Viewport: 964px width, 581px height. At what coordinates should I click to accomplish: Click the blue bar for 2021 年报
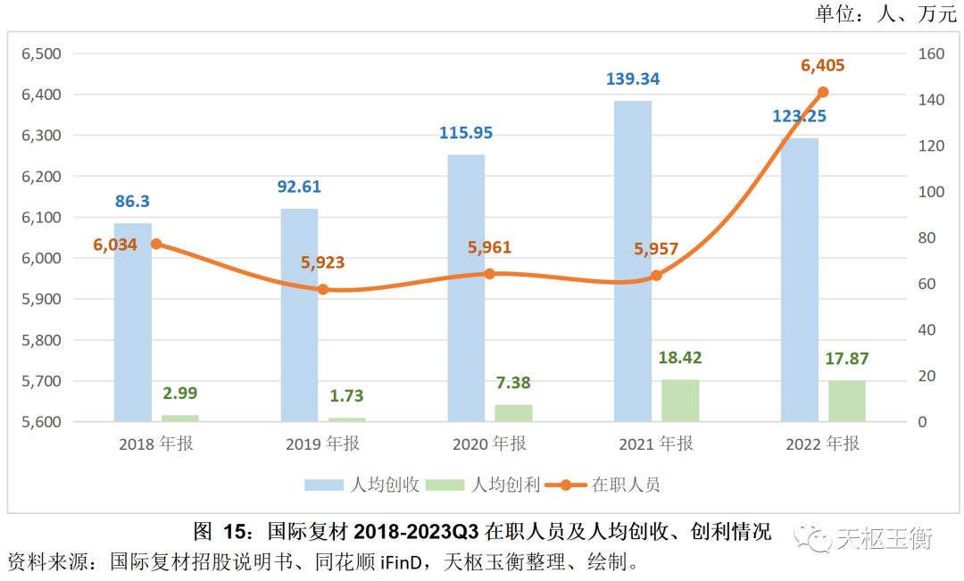point(633,261)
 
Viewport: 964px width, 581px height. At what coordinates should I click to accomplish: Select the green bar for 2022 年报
point(847,401)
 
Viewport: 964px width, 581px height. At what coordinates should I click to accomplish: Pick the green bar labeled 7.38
point(513,412)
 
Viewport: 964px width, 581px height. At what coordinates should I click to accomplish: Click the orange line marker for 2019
point(323,289)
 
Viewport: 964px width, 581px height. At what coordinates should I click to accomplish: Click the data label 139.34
point(633,79)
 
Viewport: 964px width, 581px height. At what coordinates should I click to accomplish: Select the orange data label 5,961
point(490,248)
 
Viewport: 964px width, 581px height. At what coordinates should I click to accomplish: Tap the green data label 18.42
point(679,358)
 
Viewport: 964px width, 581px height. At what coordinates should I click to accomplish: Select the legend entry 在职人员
point(626,485)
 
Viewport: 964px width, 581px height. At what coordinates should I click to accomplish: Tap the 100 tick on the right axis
point(930,192)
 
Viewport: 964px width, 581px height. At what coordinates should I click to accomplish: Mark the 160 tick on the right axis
point(930,54)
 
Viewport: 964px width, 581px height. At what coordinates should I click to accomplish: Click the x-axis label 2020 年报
point(489,444)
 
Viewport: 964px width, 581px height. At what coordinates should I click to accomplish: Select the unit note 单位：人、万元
point(885,13)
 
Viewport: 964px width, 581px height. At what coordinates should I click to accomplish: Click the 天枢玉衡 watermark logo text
point(884,538)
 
